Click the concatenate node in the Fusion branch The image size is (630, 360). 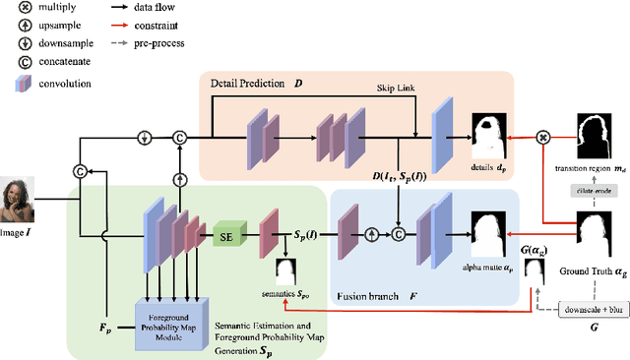point(398,234)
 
